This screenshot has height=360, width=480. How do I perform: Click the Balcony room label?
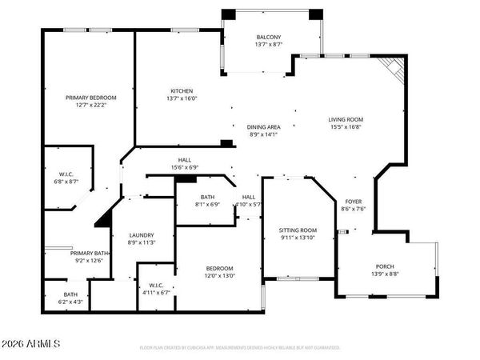pos(268,38)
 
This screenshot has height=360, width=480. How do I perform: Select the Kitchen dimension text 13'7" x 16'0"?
pos(182,100)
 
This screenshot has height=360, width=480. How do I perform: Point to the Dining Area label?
pos(263,126)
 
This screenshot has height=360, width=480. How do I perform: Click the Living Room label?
pos(346,119)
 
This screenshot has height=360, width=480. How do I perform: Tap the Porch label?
pos(386,266)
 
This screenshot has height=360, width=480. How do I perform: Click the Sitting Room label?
pos(298,230)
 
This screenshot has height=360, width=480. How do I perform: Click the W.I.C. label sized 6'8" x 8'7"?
pos(66,174)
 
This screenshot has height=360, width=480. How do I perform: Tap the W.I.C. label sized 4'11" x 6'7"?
pos(155,286)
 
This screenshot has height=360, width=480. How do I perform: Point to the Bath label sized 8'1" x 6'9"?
pos(207,197)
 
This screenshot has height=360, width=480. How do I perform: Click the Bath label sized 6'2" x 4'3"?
pos(71,294)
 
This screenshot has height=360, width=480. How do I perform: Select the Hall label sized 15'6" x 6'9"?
pos(185,159)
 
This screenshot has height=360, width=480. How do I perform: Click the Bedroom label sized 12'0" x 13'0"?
pos(219,268)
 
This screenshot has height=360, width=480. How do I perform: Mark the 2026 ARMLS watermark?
pos(31,345)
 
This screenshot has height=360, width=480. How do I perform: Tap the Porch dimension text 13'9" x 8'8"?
pos(386,274)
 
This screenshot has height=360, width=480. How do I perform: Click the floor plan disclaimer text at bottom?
pos(239,348)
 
